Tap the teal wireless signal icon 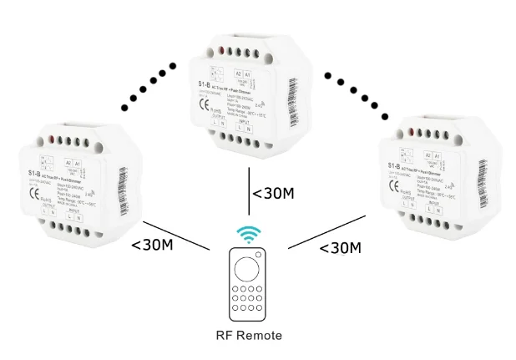[x=248, y=234]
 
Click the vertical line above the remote [x=247, y=194]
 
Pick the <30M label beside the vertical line [x=273, y=195]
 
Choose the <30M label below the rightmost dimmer [x=340, y=247]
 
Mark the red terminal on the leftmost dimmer [x=51, y=136]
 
